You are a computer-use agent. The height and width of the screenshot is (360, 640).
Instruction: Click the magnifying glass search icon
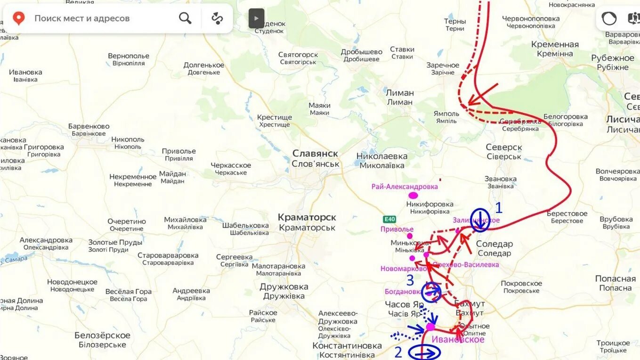(x=185, y=18)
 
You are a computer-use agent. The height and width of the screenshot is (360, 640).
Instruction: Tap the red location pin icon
(x=18, y=18)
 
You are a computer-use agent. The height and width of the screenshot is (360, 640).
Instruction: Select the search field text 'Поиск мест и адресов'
(x=82, y=18)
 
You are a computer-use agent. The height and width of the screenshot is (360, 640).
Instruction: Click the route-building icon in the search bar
(x=217, y=18)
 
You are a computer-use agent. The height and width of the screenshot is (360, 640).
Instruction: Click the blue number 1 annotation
(x=498, y=208)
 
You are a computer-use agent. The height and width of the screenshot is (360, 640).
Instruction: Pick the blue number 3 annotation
(x=410, y=280)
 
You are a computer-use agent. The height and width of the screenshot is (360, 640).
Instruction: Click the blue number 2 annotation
(x=398, y=352)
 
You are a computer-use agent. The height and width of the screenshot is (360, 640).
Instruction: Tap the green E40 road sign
(x=389, y=219)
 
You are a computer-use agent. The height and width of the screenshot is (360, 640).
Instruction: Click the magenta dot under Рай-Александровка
(x=413, y=195)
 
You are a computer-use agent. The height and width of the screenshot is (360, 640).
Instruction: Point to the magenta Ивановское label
(x=458, y=340)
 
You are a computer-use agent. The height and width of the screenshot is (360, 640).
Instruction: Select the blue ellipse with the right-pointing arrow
(x=424, y=352)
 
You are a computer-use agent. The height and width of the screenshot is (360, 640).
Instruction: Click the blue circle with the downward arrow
(x=480, y=220)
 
